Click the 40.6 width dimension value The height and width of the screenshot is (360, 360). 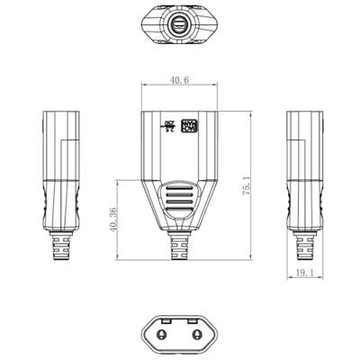(x=178, y=80)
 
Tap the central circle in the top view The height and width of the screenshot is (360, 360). (x=179, y=26)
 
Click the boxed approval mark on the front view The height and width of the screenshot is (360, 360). (x=189, y=127)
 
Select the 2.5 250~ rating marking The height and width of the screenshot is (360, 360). (x=169, y=126)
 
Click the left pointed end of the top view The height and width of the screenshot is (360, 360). (x=145, y=26)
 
